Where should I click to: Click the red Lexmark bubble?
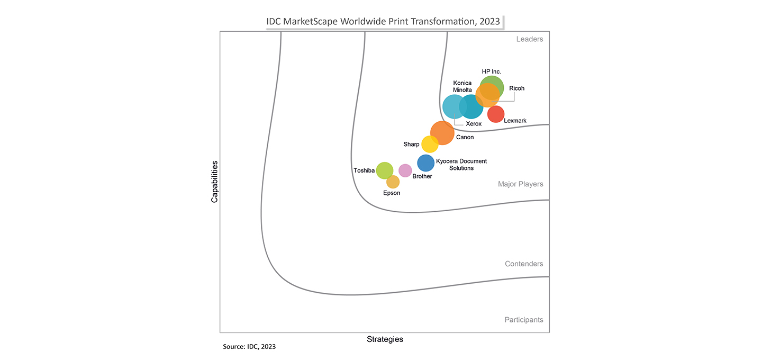[496, 114]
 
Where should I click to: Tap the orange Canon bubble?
[442, 133]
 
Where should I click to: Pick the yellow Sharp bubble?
[429, 144]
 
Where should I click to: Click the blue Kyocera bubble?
[426, 163]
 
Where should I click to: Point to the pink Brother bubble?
[405, 170]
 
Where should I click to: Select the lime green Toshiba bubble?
[385, 170]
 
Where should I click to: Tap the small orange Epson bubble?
[393, 182]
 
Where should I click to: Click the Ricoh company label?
[516, 88]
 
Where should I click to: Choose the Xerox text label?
[474, 124]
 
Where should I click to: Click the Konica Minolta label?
[462, 86]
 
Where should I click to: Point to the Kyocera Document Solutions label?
[461, 164]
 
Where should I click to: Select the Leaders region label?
[530, 39]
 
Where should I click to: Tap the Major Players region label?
[520, 184]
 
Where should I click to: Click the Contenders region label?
[524, 264]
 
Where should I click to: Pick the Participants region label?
[523, 320]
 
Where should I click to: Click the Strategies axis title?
[385, 339]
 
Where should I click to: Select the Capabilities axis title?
[214, 182]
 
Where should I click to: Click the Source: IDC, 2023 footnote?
[249, 347]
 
